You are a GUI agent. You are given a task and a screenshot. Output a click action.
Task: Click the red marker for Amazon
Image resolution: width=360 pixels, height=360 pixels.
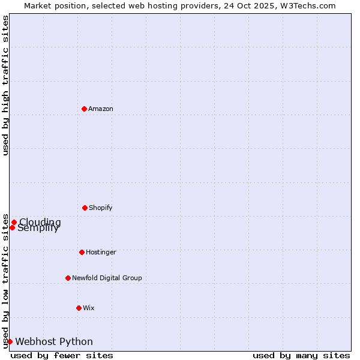(84, 109)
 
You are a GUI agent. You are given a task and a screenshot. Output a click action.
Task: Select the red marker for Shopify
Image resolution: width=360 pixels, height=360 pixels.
(85, 208)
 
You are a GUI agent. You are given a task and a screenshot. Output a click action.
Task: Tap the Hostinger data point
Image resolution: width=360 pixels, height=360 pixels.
(82, 252)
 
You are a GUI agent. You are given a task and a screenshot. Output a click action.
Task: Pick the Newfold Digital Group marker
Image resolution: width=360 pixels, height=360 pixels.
(68, 278)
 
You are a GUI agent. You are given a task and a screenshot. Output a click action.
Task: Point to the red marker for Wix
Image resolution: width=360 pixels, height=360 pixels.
(79, 308)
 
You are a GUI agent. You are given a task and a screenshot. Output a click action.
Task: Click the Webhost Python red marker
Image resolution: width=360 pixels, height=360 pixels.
(10, 341)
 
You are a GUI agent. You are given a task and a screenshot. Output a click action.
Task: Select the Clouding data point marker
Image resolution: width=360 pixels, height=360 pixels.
(14, 222)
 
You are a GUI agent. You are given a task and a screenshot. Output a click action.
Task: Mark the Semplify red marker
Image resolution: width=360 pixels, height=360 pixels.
(12, 227)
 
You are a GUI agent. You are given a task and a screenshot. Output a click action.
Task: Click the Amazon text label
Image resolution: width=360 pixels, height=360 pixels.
(101, 109)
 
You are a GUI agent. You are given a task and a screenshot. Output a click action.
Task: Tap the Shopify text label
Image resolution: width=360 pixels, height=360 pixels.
(101, 208)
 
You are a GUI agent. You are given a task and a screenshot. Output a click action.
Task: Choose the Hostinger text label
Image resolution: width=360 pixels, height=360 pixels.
(101, 252)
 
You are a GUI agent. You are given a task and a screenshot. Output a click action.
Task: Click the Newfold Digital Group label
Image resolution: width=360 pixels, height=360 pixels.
(107, 278)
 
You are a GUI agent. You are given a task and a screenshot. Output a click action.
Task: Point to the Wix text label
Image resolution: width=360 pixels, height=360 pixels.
(89, 308)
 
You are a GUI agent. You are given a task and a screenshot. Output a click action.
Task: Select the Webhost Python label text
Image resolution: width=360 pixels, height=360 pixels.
(54, 341)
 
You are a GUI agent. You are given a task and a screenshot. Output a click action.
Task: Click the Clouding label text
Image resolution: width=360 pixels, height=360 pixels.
(41, 221)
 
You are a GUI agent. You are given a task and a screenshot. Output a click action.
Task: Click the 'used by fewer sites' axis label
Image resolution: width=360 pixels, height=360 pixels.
(62, 355)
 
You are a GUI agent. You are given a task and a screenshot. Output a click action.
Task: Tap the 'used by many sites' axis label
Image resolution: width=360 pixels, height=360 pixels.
(301, 355)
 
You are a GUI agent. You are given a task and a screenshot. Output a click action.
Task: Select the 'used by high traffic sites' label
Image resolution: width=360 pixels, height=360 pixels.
(5, 85)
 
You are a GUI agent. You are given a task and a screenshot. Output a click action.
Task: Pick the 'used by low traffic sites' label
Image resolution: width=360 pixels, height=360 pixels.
(5, 280)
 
